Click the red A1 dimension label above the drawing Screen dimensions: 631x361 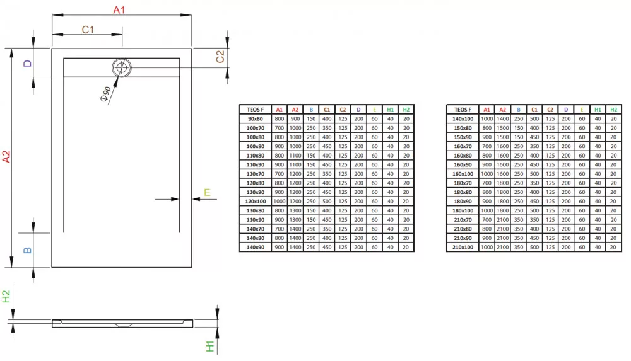click(119, 9)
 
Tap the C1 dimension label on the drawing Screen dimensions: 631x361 click(88, 30)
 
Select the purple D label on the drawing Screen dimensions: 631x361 click(27, 63)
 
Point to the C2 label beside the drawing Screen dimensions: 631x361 click(220, 57)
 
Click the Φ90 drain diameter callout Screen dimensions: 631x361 click(105, 94)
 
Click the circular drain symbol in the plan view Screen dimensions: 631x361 click(122, 67)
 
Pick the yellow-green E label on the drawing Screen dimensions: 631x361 click(207, 193)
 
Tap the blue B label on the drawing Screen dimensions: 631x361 click(27, 250)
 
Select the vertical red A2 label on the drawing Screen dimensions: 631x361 click(6, 156)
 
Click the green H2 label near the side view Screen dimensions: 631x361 click(6, 297)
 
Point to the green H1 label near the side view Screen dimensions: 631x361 click(210, 346)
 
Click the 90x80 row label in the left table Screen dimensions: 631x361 click(255, 119)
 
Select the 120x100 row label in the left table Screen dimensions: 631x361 click(255, 202)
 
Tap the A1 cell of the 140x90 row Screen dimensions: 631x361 click(280, 247)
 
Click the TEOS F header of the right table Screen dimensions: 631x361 click(463, 110)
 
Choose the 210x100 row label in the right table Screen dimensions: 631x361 click(463, 247)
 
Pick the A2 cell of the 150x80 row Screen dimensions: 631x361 click(503, 128)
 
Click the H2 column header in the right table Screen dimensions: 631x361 click(613, 110)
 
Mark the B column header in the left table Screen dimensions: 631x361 click(311, 110)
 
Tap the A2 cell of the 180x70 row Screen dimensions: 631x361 click(503, 183)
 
